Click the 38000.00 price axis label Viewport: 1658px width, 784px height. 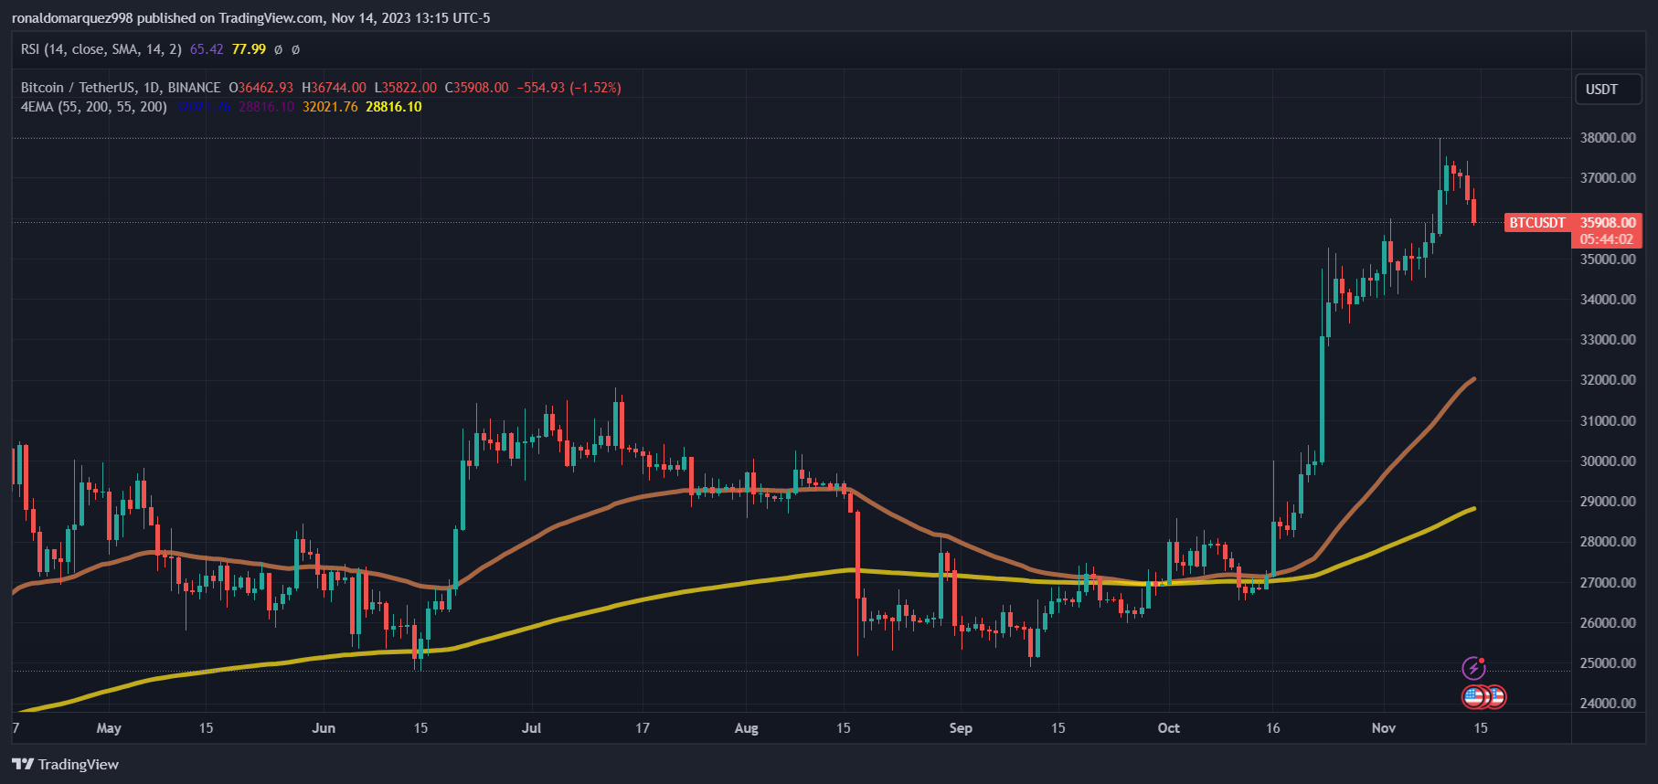[1608, 138]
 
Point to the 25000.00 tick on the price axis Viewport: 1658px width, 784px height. [1608, 663]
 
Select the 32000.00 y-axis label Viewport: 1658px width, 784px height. [1608, 380]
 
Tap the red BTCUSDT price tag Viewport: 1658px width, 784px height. [1536, 223]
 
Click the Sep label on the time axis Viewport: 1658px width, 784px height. [961, 728]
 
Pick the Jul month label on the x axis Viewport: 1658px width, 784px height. [531, 728]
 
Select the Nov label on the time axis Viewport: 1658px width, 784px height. [1384, 728]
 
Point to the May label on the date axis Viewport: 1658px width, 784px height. [109, 728]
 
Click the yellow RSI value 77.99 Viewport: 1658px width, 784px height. [249, 49]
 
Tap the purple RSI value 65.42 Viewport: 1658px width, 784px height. [207, 49]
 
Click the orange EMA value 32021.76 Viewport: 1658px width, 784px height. [330, 107]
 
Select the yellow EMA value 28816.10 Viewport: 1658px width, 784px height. [394, 107]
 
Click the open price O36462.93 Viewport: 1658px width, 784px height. [261, 88]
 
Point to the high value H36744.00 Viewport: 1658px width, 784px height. [334, 88]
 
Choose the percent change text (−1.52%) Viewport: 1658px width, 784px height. [595, 88]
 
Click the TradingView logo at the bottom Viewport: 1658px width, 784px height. [66, 765]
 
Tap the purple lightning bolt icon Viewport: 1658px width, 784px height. [1473, 668]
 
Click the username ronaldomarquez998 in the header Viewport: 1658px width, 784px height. [72, 18]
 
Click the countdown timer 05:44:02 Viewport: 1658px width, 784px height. [1606, 239]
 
